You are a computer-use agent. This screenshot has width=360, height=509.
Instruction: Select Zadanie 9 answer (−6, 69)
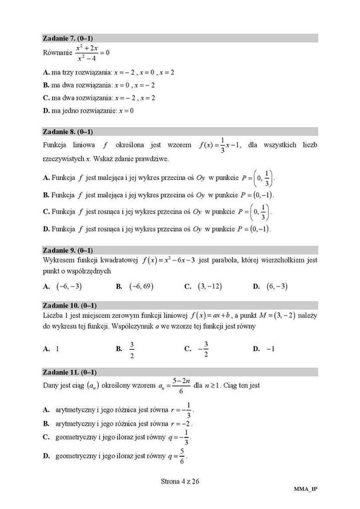coord(139,286)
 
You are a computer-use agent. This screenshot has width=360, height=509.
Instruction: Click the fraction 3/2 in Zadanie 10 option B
coord(133,348)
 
